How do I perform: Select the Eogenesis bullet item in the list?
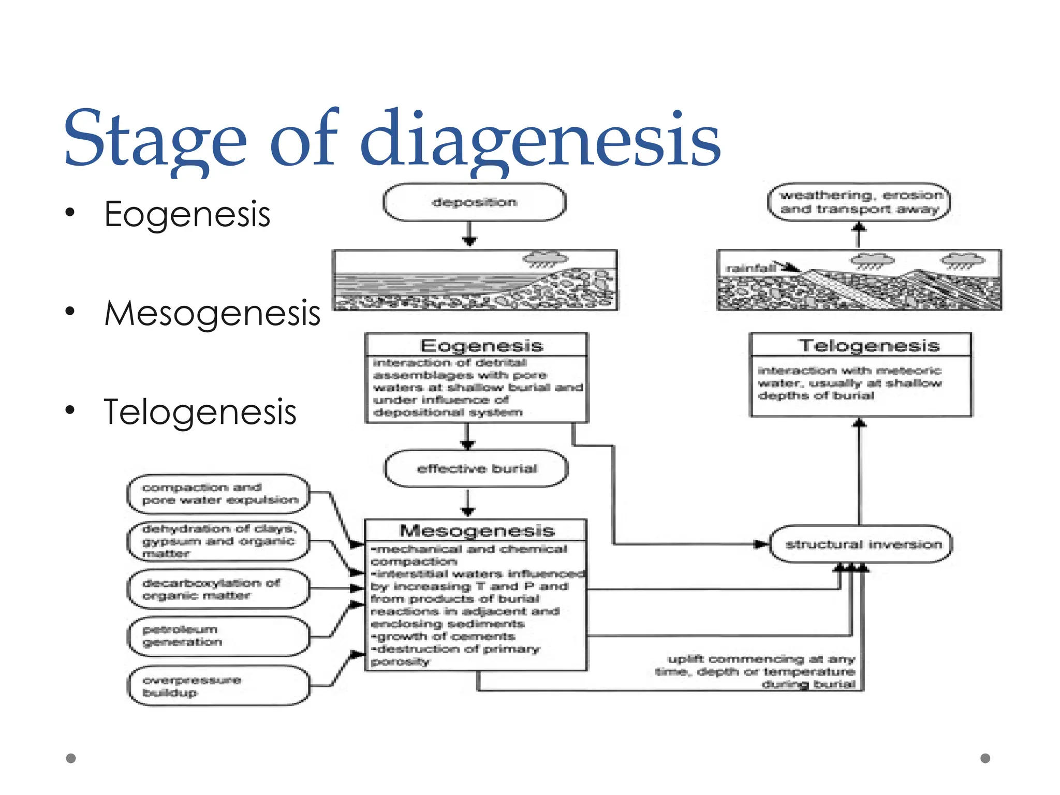[187, 214]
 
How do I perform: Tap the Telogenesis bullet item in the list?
[200, 412]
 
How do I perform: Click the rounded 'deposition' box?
[474, 202]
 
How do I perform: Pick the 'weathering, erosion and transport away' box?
[859, 202]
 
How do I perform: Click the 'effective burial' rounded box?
[476, 468]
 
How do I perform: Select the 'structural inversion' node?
[862, 544]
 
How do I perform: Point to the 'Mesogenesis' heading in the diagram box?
[477, 531]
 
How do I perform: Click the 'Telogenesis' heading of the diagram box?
[868, 345]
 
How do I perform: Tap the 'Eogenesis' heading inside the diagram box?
[481, 345]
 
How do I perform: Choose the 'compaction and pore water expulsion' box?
[219, 494]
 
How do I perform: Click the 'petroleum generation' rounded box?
[219, 636]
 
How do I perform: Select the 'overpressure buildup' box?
[219, 686]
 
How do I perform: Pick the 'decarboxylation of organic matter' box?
[219, 589]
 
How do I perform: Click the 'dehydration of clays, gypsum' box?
[219, 541]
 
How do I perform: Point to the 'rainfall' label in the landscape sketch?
[750, 268]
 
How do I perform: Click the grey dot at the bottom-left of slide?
[71, 758]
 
